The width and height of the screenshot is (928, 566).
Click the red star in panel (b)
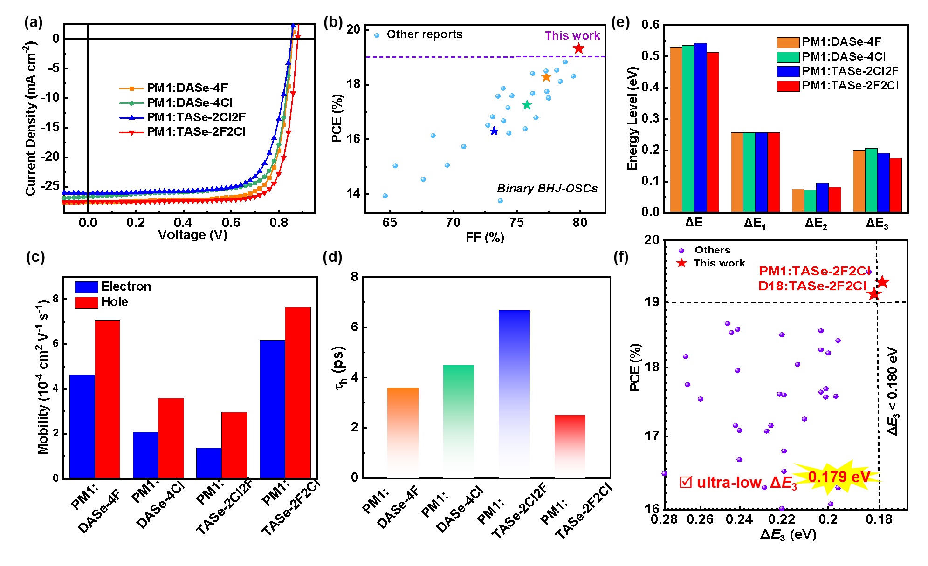(578, 48)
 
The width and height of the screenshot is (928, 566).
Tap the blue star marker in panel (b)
(494, 131)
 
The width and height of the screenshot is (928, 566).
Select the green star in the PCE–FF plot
(527, 105)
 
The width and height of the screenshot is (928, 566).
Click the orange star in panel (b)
(546, 77)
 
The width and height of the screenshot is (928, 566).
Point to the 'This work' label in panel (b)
(572, 36)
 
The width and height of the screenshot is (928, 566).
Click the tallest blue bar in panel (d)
(514, 394)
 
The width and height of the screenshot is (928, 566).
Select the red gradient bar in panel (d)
(570, 446)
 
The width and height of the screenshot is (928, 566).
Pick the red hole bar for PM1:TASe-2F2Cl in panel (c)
(298, 392)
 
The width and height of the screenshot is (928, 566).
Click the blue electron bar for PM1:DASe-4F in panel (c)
(82, 426)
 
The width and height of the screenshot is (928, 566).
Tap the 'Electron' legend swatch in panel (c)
(86, 287)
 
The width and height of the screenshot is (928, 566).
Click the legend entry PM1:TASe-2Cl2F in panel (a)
(196, 117)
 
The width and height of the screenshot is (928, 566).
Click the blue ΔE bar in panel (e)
(700, 127)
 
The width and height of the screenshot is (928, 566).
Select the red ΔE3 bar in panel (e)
(895, 185)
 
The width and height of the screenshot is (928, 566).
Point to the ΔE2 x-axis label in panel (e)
(816, 223)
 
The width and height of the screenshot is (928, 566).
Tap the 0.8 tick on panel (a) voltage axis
(279, 223)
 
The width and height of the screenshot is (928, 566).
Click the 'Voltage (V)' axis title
(192, 235)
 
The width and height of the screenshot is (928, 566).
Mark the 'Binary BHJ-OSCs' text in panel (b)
(547, 189)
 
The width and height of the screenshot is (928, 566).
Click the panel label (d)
(332, 257)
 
